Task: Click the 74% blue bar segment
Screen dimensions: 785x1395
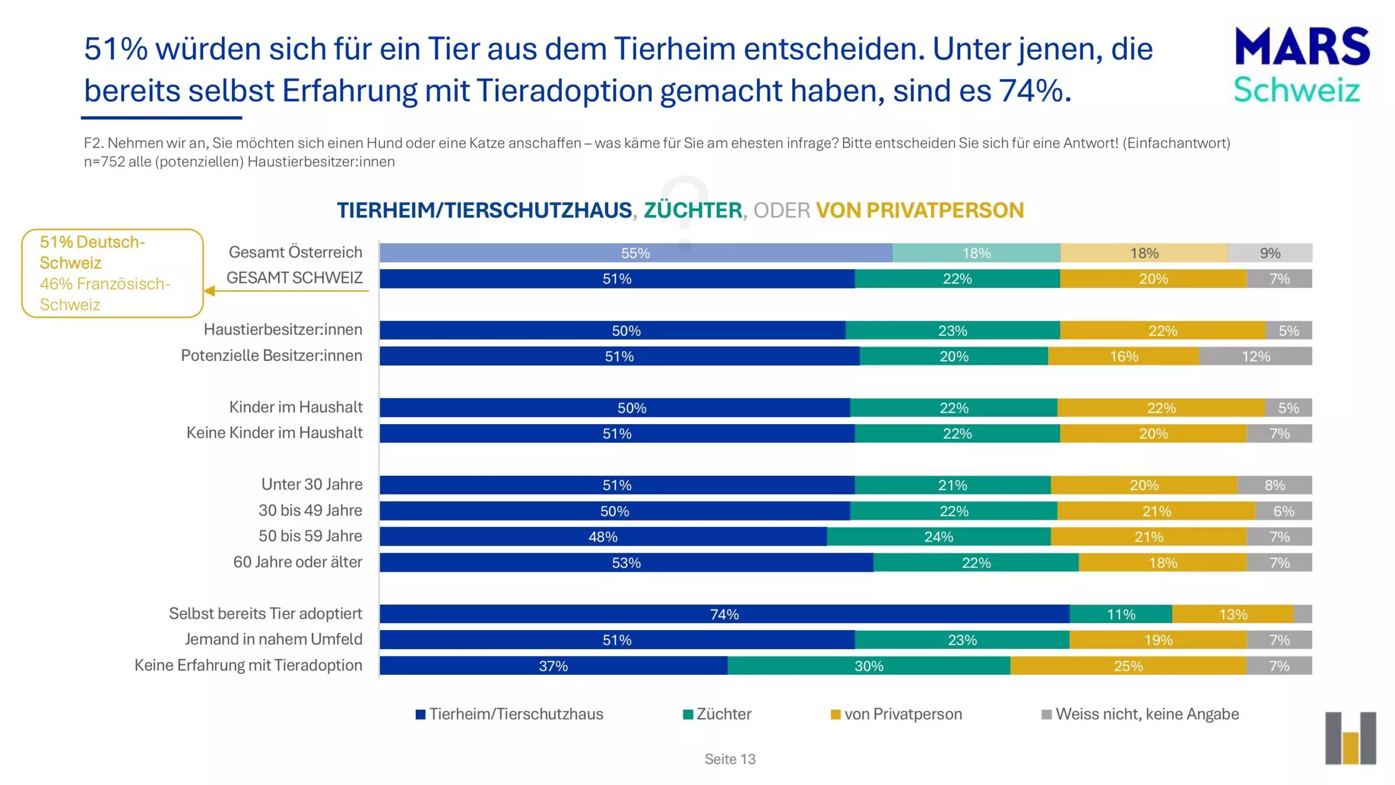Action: pyautogui.click(x=724, y=614)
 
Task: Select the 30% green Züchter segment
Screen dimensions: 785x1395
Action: pyautogui.click(x=869, y=666)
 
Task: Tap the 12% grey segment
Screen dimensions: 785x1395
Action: pyautogui.click(x=1255, y=356)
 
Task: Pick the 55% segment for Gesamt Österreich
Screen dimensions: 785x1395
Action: pyautogui.click(x=635, y=253)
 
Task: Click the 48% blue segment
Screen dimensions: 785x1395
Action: pyautogui.click(x=603, y=536)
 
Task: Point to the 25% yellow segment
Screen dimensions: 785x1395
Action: pyautogui.click(x=1128, y=666)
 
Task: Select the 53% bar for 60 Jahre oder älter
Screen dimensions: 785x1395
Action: pyautogui.click(x=626, y=563)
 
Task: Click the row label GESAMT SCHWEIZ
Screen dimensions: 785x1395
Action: pyautogui.click(x=294, y=277)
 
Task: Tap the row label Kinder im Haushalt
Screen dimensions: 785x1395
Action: pyautogui.click(x=295, y=407)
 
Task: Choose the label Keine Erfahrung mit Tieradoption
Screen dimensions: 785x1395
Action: pyautogui.click(x=248, y=665)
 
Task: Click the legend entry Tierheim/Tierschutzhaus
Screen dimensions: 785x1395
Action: pyautogui.click(x=510, y=714)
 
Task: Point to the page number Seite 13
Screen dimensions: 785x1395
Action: pyautogui.click(x=730, y=759)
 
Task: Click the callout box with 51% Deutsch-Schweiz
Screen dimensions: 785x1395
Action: pyautogui.click(x=112, y=273)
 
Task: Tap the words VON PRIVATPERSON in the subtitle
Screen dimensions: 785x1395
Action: pyautogui.click(x=919, y=210)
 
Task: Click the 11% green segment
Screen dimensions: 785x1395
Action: pyautogui.click(x=1120, y=614)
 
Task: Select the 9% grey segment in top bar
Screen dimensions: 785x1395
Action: pyautogui.click(x=1270, y=253)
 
